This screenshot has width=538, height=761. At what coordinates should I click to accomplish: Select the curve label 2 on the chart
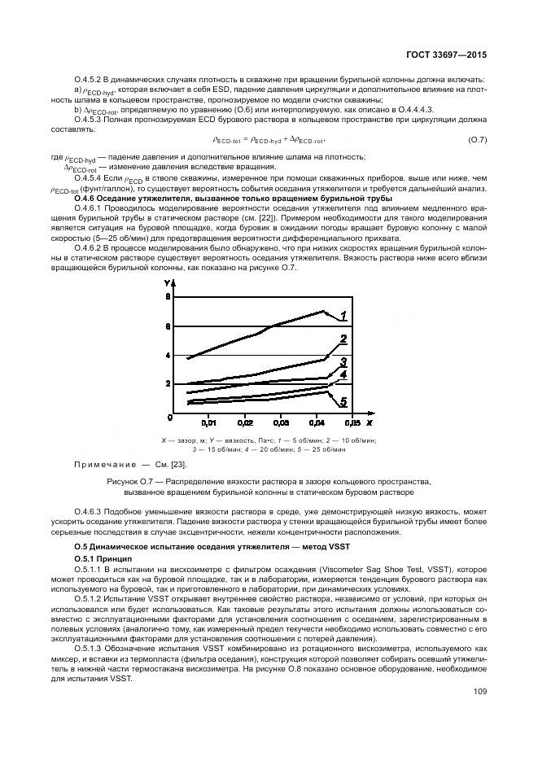point(343,339)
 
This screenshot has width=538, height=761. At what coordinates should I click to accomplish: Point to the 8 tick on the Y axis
point(168,298)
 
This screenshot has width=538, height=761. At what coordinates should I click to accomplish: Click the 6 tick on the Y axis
point(168,326)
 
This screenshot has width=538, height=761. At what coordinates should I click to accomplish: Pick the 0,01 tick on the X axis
point(209,424)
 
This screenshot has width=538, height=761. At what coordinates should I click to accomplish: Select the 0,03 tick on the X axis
point(280,424)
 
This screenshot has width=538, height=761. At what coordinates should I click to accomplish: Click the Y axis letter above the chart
point(168,282)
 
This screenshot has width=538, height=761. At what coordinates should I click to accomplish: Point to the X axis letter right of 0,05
point(369,424)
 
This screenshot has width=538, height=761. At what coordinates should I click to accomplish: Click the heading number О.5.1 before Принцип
point(85,558)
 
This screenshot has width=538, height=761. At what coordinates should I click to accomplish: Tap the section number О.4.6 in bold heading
point(86,199)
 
